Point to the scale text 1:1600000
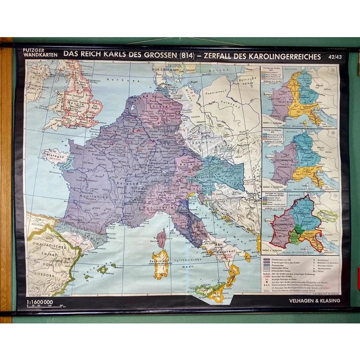pyautogui.click(x=39, y=304)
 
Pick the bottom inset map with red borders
pyautogui.click(x=303, y=222)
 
